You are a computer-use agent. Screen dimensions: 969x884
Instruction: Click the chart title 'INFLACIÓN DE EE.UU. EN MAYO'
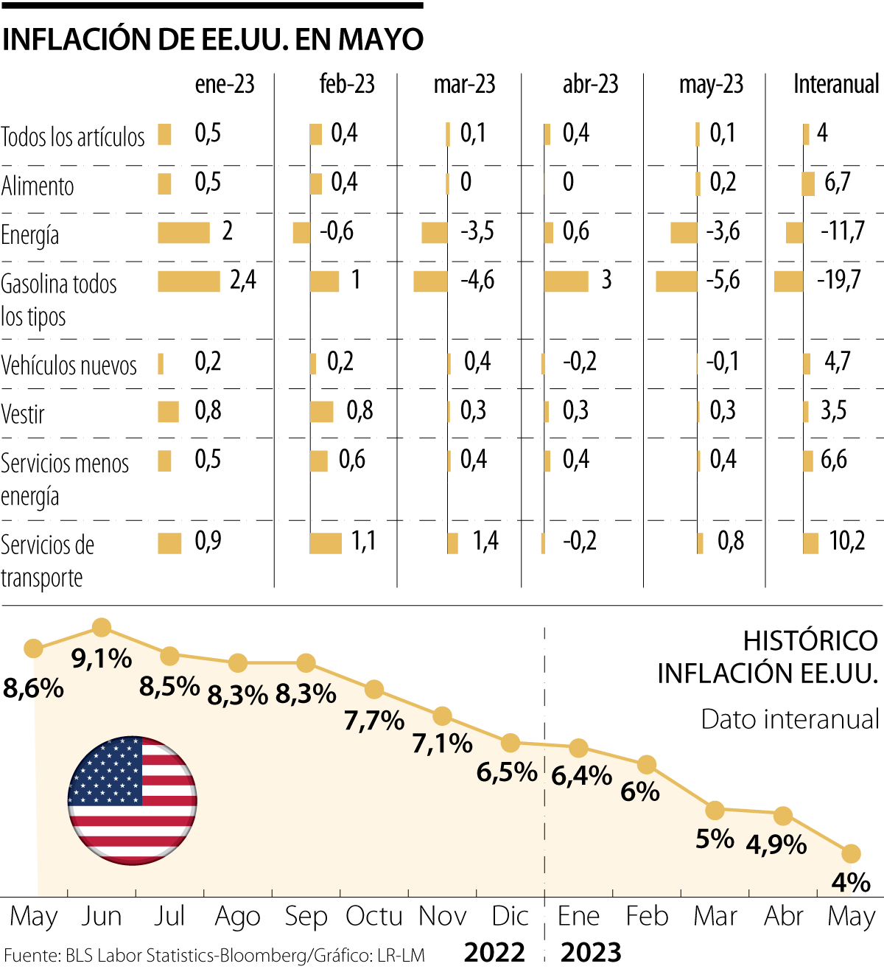[x=213, y=39]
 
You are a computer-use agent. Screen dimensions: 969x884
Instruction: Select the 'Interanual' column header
[x=836, y=85]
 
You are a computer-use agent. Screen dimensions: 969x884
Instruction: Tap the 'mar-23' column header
[x=464, y=85]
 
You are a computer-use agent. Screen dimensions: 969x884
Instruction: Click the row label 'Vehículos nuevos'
[x=69, y=365]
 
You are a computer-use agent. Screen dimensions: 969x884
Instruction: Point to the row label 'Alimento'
[x=38, y=186]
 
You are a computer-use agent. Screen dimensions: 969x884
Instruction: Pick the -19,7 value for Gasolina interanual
[x=838, y=280]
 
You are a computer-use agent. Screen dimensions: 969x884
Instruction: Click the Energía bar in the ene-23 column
[x=183, y=232]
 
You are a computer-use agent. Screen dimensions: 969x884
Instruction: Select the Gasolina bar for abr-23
[x=566, y=281]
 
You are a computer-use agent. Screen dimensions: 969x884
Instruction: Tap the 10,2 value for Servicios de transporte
[x=847, y=541]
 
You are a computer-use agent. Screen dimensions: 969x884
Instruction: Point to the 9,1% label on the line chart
[x=102, y=658]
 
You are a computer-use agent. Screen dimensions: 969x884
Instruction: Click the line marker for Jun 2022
[x=102, y=628]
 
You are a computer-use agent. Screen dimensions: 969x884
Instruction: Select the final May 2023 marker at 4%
[x=851, y=853]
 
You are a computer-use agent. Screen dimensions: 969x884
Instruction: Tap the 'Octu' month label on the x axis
[x=373, y=916]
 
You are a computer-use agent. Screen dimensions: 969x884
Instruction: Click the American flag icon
[x=132, y=800]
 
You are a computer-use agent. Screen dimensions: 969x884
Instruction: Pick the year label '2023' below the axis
[x=591, y=952]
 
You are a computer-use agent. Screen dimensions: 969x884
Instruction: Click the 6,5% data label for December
[x=507, y=772]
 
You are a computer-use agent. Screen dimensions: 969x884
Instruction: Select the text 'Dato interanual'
[x=790, y=719]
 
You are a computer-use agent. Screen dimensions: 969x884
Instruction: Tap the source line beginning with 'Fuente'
[x=214, y=956]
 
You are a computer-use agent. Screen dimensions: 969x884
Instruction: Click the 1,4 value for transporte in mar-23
[x=485, y=541]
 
